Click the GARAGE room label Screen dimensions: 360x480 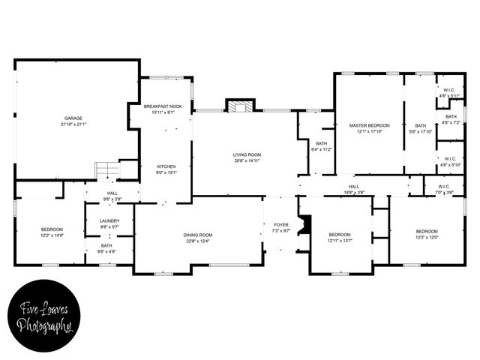pos(73,118)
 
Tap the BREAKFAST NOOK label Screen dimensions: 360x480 pos(163,106)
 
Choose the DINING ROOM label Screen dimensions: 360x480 pos(198,235)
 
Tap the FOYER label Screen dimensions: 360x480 pos(281,224)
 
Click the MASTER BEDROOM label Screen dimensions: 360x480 pos(369,124)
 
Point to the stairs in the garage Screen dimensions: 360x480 pos(106,170)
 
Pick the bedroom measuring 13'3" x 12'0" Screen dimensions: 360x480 pos(427,233)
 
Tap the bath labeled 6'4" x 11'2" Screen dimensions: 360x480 pos(321,146)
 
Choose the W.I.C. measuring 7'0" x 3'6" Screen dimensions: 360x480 pos(444,190)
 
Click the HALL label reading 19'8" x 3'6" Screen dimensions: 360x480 pos(354,190)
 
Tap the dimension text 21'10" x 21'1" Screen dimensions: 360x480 pos(73,124)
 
